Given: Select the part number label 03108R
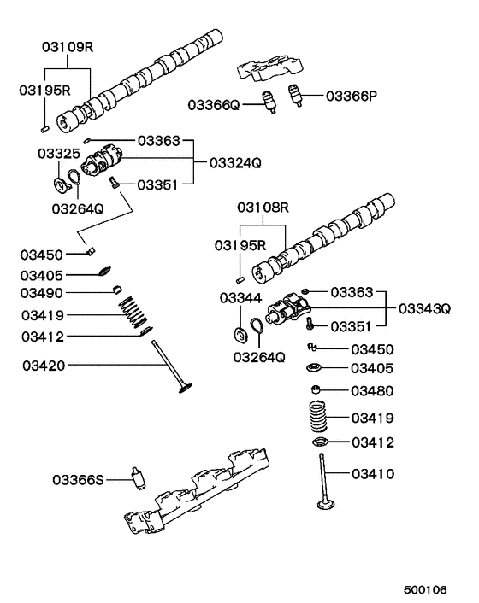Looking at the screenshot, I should coord(263,208).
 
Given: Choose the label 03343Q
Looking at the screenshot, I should coord(423,308).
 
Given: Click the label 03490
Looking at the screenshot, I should coord(42,293).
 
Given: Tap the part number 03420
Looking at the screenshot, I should coord(43,366).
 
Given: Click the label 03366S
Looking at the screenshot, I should coord(78,480).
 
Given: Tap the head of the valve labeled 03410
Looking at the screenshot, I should coord(326,506).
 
